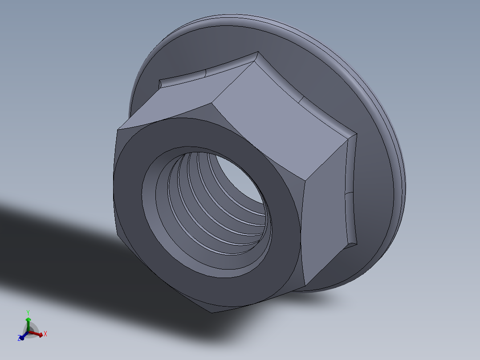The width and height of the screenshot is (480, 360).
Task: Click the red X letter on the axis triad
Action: click(x=45, y=333)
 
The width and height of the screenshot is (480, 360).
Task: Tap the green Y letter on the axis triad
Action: click(x=28, y=312)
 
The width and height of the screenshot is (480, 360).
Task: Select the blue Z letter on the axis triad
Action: click(x=20, y=339)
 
